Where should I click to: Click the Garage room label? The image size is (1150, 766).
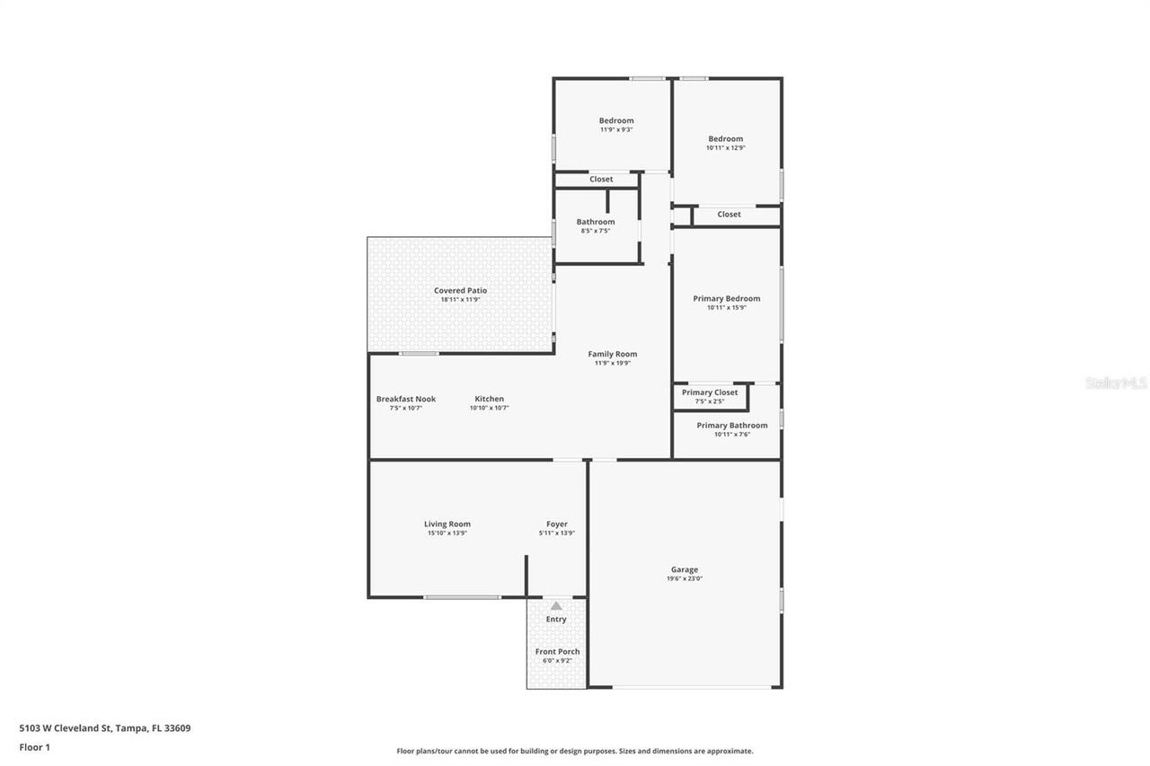[684, 569]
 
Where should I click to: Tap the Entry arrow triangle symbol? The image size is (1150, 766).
[556, 606]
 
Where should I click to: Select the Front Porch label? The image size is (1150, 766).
[557, 651]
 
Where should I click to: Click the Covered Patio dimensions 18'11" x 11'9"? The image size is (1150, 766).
[460, 299]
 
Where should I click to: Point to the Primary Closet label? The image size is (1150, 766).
[709, 392]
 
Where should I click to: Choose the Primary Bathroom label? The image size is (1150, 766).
[731, 426]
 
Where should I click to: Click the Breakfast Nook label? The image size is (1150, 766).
[405, 399]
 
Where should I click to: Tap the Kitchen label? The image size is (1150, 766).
[489, 399]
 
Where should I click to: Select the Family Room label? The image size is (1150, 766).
[612, 354]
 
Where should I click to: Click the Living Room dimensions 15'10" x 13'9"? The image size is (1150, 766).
[447, 533]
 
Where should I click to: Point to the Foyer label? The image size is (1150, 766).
[556, 524]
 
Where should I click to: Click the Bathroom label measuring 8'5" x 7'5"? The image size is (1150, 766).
[595, 222]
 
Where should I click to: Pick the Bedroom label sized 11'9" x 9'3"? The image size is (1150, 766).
[616, 120]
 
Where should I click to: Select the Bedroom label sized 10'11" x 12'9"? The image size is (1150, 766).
[725, 138]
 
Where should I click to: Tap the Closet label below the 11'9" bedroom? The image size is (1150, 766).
[601, 180]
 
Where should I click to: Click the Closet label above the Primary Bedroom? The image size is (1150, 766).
[729, 215]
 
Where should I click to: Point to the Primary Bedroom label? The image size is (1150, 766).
[726, 298]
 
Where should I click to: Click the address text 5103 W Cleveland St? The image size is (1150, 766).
[105, 728]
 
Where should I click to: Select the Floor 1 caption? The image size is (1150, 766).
[34, 747]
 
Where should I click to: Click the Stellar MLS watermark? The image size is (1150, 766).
[1116, 383]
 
